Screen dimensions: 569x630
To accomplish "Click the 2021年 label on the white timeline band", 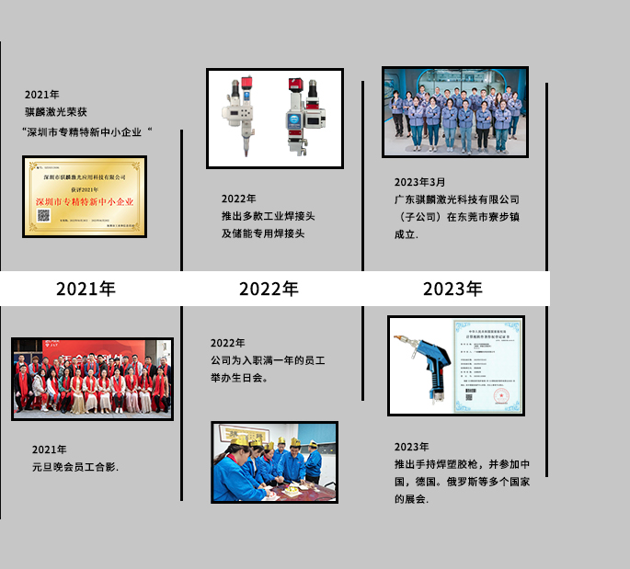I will click(x=86, y=289).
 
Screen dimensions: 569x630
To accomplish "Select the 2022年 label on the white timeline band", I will click(x=269, y=289).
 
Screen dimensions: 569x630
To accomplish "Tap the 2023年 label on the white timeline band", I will click(x=452, y=289).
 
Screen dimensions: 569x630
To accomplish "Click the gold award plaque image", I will click(x=85, y=197).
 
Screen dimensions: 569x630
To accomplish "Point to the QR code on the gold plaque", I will click(x=42, y=215).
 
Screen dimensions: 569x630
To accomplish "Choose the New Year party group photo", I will click(x=92, y=379).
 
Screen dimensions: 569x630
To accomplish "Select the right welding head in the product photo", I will click(x=304, y=115).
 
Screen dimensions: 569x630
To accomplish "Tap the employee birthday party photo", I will click(x=274, y=462).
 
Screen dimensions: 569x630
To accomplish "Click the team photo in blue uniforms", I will click(x=455, y=111).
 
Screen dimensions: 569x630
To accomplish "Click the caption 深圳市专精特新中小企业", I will click(x=86, y=131).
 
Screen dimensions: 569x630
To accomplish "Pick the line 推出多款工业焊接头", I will click(x=268, y=216).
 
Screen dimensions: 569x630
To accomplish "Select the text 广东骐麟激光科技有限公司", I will click(x=456, y=199).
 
